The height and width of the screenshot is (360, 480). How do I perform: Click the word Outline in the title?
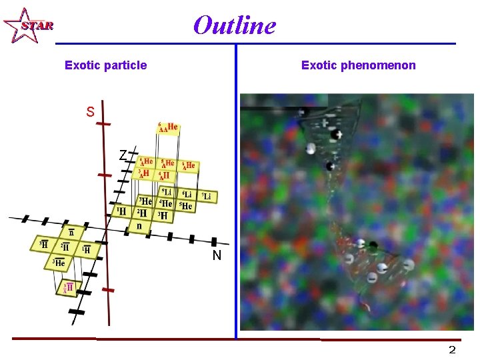coord(234,25)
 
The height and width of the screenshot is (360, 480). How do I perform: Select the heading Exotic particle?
coord(105,65)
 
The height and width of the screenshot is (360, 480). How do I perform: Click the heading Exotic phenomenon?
coord(358,65)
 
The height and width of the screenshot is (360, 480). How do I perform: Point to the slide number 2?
coord(452,350)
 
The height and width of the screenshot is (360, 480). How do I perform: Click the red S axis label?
coord(90,111)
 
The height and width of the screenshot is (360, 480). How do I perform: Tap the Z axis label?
coord(123,155)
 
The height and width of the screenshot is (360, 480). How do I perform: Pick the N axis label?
coord(217,255)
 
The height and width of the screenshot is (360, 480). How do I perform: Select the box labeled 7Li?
coord(207,196)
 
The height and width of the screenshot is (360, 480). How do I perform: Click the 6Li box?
coord(187,194)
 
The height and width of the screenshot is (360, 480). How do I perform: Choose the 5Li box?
coord(167,193)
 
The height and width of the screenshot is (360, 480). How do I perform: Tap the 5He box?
coord(186,206)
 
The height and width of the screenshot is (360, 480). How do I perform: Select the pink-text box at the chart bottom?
coord(67,288)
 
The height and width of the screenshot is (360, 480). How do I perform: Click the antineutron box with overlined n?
coord(71,233)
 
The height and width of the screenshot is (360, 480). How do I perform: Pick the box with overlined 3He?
coord(59,263)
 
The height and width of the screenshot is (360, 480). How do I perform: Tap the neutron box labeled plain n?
coord(139,226)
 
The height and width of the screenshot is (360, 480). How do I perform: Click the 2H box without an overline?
coord(141,213)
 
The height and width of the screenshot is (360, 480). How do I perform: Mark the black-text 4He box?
coord(165,203)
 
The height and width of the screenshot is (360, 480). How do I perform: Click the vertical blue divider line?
coord(236,187)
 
